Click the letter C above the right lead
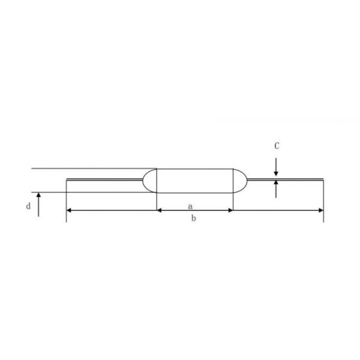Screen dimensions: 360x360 277,146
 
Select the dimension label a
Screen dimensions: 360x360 190,206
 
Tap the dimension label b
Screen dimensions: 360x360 194,218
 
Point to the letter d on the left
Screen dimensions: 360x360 28,206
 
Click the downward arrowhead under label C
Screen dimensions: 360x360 276,173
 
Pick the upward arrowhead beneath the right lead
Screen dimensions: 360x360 276,183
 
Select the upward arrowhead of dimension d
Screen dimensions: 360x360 38,195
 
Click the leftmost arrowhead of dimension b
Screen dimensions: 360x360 69,210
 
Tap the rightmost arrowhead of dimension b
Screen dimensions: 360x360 321,210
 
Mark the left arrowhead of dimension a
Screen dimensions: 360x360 160,210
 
